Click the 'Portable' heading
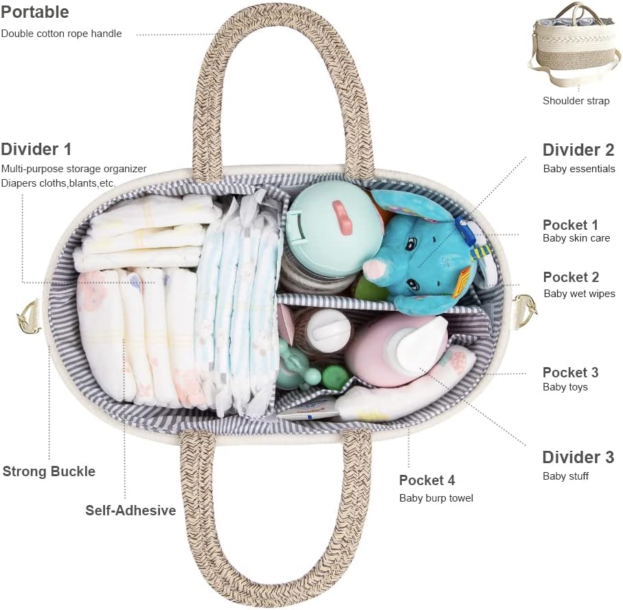point(35,12)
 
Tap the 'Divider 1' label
point(36,149)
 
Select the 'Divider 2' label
point(578,150)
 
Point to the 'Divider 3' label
point(578,457)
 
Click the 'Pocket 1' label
point(570,224)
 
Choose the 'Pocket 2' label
point(571,277)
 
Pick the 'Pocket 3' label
point(570,372)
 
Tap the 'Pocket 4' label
point(427,480)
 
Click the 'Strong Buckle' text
point(49,471)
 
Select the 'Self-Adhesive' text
point(131,511)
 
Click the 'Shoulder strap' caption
point(576,101)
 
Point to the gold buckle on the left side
point(29,316)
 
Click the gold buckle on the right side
point(524,310)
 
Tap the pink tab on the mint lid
point(342,217)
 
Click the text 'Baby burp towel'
point(435,498)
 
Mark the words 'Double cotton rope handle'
point(61,34)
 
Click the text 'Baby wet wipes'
point(579,294)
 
